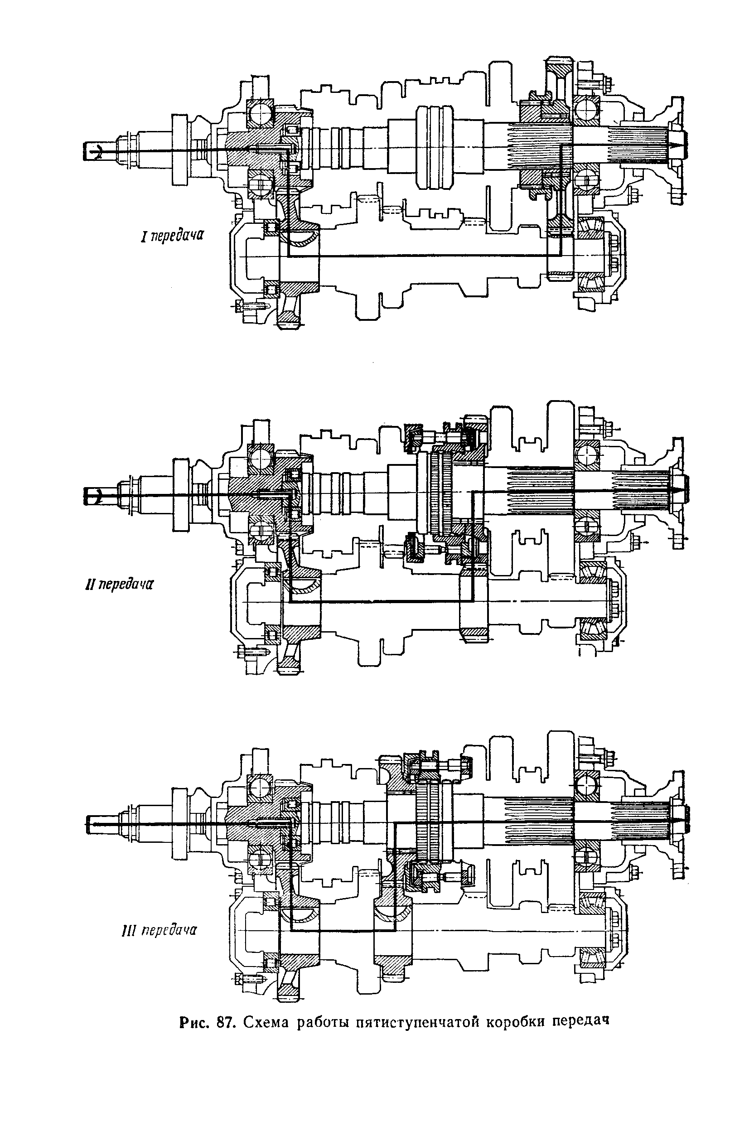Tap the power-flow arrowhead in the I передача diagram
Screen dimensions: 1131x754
tap(678, 145)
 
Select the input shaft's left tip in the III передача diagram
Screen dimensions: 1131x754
tap(89, 824)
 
